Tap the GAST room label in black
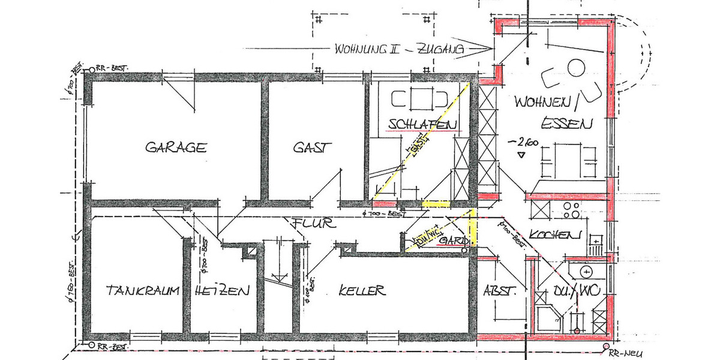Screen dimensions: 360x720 (310, 147)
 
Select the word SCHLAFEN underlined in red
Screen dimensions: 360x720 (423, 124)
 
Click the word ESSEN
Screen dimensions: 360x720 (567, 124)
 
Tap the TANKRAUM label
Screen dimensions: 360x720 (143, 292)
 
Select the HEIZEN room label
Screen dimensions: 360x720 (221, 292)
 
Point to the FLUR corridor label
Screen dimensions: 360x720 (311, 224)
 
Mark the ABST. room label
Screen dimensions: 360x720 (499, 292)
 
